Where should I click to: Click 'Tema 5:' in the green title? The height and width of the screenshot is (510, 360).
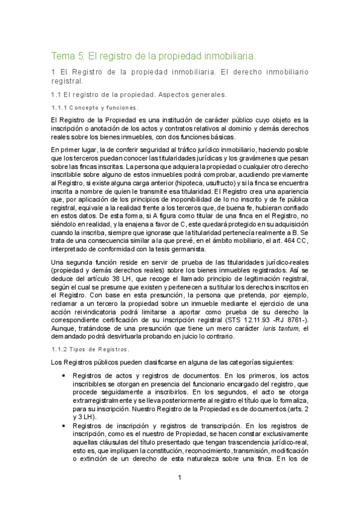pos(68,56)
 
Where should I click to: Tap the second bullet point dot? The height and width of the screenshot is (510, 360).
pos(65,426)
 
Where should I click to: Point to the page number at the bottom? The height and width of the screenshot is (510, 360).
pos(180,478)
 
